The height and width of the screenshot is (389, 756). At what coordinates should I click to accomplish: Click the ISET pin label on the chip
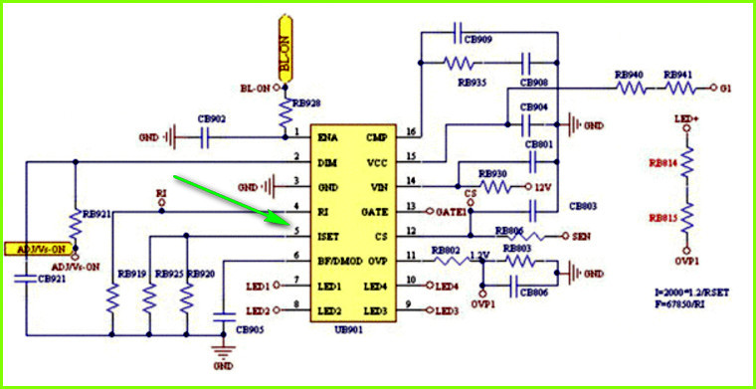click(x=329, y=236)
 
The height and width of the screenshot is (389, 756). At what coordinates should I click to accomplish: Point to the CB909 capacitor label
click(x=477, y=40)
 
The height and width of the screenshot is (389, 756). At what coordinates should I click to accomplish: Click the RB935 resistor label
click(x=472, y=83)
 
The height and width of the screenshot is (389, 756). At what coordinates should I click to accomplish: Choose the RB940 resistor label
click(x=629, y=75)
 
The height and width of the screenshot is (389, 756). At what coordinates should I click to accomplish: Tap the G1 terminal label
click(x=727, y=89)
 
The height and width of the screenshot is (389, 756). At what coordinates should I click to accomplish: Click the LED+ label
click(x=684, y=118)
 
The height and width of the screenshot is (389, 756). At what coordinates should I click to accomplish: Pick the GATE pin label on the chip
click(x=374, y=212)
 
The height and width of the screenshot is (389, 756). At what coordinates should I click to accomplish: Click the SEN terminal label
click(x=582, y=237)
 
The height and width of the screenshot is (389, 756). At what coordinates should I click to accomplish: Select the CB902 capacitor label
click(x=211, y=118)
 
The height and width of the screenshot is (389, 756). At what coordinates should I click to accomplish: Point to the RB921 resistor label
click(x=96, y=214)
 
